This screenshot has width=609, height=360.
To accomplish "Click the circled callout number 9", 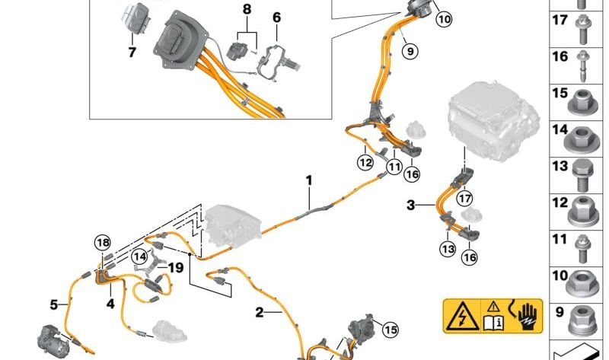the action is [x=410, y=51].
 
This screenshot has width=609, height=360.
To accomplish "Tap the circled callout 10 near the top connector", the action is [x=445, y=19].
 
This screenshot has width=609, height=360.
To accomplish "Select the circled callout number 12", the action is [x=365, y=162].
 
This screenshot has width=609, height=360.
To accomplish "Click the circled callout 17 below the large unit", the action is [x=465, y=199].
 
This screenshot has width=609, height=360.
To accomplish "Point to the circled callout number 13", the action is [x=448, y=248].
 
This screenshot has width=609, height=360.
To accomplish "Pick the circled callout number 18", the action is [x=103, y=243].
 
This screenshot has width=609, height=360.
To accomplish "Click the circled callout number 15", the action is [x=391, y=330].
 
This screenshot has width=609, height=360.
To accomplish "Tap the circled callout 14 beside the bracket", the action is [x=139, y=256].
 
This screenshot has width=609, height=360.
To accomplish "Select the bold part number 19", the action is [x=175, y=268].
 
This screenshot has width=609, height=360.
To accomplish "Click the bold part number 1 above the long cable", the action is [x=309, y=180].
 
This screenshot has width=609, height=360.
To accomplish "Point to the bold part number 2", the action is [x=260, y=312].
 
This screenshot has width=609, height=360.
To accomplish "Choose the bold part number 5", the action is [x=54, y=305].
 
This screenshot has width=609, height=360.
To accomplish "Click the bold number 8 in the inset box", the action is [x=247, y=9].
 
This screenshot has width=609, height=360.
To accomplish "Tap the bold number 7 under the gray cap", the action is [x=132, y=52].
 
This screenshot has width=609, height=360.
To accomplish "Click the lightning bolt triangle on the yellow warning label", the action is [x=462, y=316].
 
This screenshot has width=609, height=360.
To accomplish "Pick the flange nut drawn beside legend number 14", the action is [x=582, y=140].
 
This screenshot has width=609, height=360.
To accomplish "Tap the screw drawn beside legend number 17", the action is [x=582, y=29].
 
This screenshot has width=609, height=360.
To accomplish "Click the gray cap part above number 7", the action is [x=134, y=19].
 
